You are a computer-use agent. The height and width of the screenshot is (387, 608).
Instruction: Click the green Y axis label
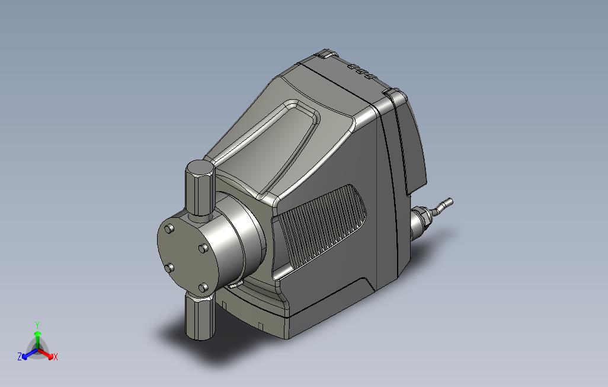37,325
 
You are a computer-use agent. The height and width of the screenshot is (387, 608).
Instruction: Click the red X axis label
56,357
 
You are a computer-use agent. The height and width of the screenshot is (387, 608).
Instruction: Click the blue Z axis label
20,356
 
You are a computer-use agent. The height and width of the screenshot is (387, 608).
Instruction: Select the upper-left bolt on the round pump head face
169,229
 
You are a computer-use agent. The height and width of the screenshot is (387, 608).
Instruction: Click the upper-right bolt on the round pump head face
203,248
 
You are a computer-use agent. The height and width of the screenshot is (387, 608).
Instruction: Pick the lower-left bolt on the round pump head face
169,268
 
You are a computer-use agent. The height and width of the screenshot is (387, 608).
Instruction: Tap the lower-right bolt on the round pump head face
203,288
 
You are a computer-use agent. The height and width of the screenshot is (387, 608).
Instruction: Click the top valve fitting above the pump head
200,188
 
